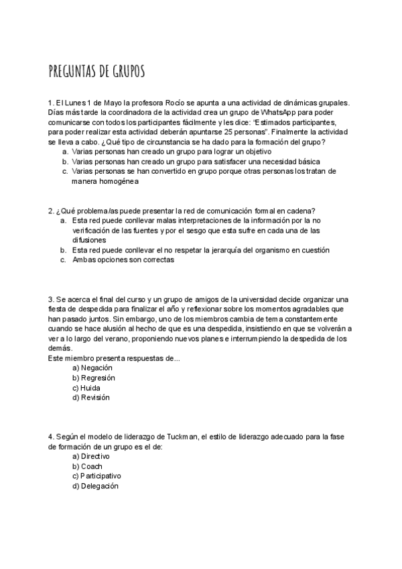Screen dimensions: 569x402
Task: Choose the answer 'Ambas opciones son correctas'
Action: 123,260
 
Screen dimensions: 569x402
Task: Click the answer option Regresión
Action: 93,378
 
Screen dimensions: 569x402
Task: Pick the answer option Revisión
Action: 91,397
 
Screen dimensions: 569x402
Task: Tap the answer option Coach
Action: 87,466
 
